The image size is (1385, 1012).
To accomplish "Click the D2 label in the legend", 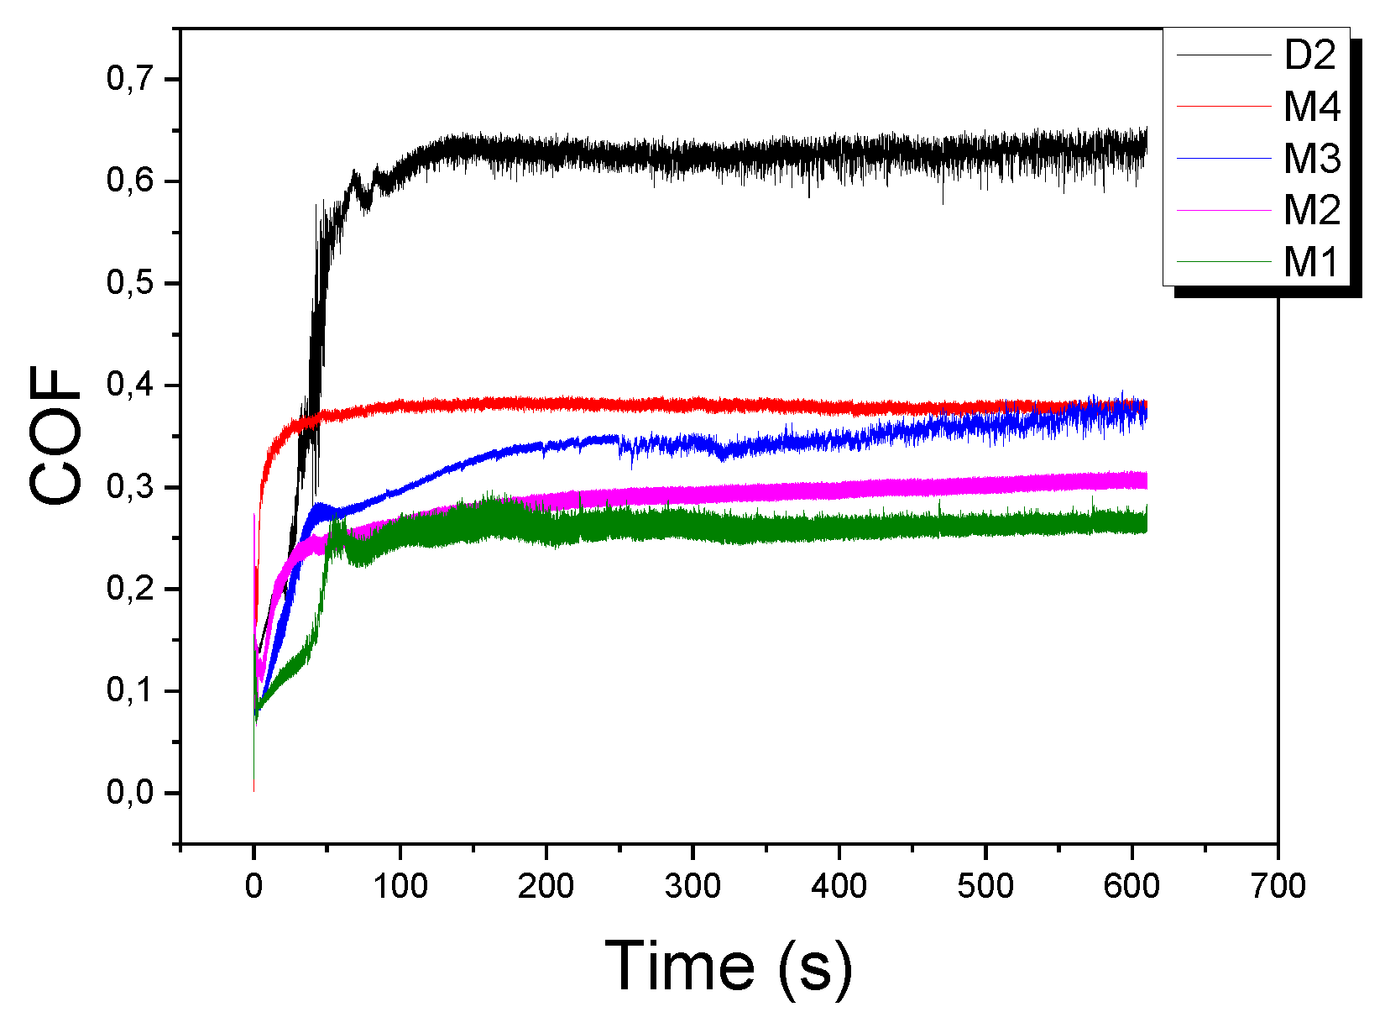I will pyautogui.click(x=1310, y=55).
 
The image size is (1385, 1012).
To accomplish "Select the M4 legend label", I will pyautogui.click(x=1312, y=107).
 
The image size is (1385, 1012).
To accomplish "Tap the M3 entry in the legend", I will pyautogui.click(x=1312, y=158).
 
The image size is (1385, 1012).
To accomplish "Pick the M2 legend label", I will pyautogui.click(x=1312, y=209).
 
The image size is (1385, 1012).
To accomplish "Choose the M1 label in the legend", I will pyautogui.click(x=1310, y=261).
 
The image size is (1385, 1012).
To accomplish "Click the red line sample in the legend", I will pyautogui.click(x=1224, y=107).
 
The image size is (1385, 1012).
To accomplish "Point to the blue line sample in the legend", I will pyautogui.click(x=1224, y=158).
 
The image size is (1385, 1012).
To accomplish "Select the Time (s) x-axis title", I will pyautogui.click(x=728, y=967).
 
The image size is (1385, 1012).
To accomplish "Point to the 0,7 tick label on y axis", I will pyautogui.click(x=131, y=79).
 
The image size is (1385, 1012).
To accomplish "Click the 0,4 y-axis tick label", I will pyautogui.click(x=131, y=385).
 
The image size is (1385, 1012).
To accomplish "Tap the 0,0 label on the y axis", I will pyautogui.click(x=131, y=793).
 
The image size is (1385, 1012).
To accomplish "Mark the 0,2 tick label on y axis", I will pyautogui.click(x=131, y=589).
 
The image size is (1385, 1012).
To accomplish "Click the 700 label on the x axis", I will pyautogui.click(x=1278, y=885).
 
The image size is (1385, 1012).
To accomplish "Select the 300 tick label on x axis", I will pyautogui.click(x=692, y=885).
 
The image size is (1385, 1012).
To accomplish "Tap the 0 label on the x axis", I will pyautogui.click(x=253, y=885).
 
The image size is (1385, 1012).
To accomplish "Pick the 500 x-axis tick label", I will pyautogui.click(x=985, y=885).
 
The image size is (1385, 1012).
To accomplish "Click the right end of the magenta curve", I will pyautogui.click(x=1146, y=480).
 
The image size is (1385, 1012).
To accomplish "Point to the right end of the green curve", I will pyautogui.click(x=1146, y=523).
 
